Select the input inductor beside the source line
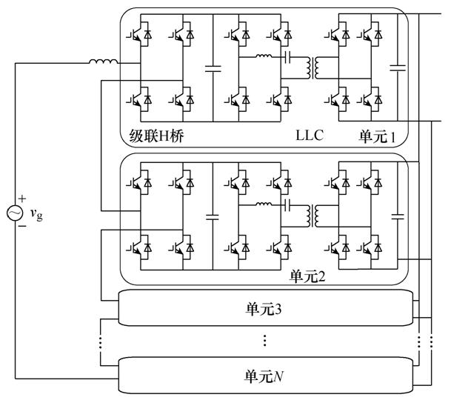(103, 61)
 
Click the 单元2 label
(307, 278)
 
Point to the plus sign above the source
(22, 199)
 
